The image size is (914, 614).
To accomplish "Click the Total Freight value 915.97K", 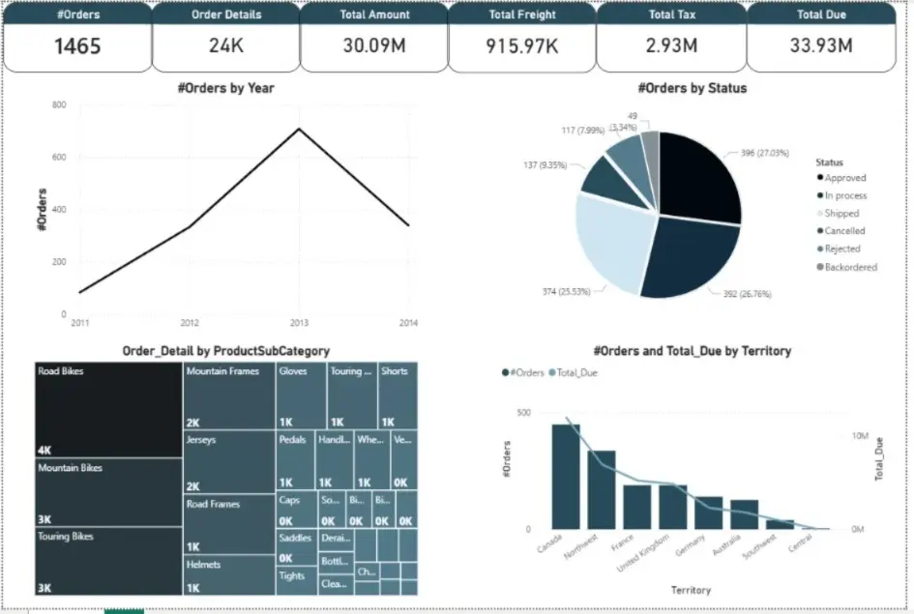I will pyautogui.click(x=521, y=46).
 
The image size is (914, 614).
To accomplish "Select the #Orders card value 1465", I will pyautogui.click(x=76, y=45).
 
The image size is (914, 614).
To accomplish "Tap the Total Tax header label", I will pyautogui.click(x=670, y=15).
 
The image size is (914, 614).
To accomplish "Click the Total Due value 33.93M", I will pyautogui.click(x=819, y=45).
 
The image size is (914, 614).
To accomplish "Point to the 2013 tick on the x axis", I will pyautogui.click(x=300, y=322).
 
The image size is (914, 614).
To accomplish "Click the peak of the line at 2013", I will pyautogui.click(x=300, y=129).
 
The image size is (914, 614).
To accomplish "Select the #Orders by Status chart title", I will pyautogui.click(x=692, y=88).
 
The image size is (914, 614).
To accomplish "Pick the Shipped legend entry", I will pyautogui.click(x=840, y=214).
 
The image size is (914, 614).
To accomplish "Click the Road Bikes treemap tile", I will pyautogui.click(x=108, y=411).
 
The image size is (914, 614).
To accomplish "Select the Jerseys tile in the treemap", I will pyautogui.click(x=228, y=462).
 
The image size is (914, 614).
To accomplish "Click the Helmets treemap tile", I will pyautogui.click(x=228, y=574).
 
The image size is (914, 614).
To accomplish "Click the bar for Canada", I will pyautogui.click(x=566, y=476).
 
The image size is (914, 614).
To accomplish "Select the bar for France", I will pyautogui.click(x=637, y=506).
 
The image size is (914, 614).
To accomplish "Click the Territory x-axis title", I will pyautogui.click(x=690, y=590).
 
